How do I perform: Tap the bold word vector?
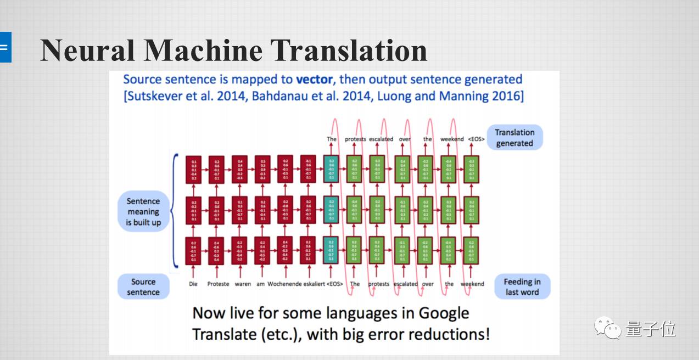[x=314, y=80]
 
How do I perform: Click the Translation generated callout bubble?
[x=514, y=138]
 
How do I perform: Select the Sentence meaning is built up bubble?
[x=143, y=212]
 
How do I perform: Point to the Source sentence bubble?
[x=143, y=287]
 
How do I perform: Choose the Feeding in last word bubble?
[x=522, y=287]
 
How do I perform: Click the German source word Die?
[x=193, y=284]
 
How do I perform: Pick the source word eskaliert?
[x=312, y=284]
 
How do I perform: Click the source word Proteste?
[x=218, y=284]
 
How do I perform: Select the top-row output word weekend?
[x=452, y=139]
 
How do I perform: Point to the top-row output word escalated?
[x=381, y=139]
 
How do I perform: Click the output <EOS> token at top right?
[x=477, y=139]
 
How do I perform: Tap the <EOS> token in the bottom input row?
[x=334, y=284]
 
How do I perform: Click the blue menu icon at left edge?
[x=4, y=47]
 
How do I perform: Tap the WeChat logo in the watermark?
[x=607, y=328]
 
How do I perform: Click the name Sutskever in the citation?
[x=152, y=97]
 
